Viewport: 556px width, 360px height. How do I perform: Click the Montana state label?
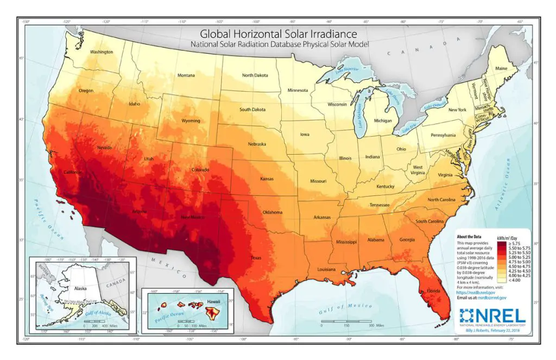[x=186, y=75]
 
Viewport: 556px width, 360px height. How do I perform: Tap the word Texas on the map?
[x=256, y=258]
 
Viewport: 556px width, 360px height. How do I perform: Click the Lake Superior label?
[x=346, y=70]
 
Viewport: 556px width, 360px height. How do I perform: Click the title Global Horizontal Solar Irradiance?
[x=279, y=34]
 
